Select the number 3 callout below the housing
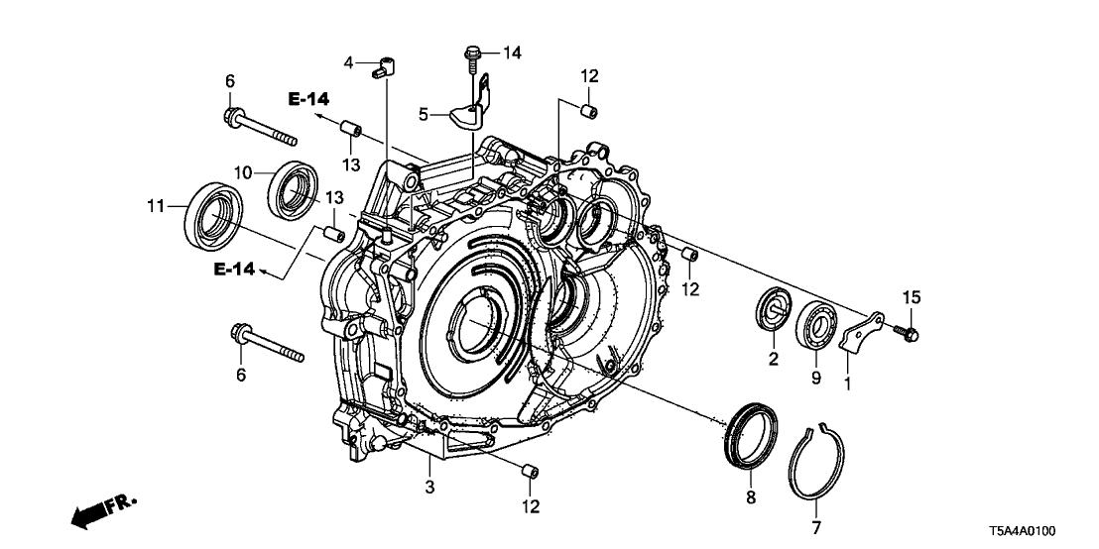point(429,486)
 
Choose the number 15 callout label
point(912,297)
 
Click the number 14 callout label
point(512,51)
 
